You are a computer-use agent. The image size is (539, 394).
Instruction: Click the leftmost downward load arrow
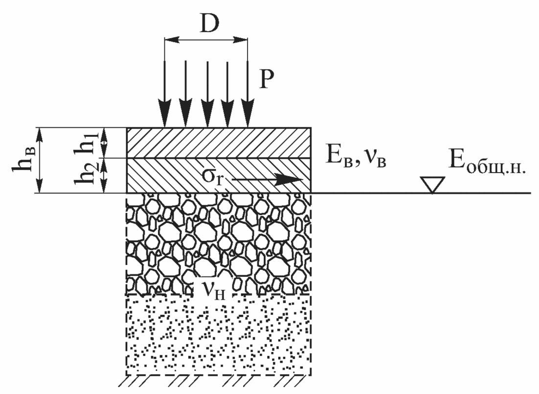pos(164,93)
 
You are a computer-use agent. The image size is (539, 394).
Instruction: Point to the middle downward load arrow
pos(207,93)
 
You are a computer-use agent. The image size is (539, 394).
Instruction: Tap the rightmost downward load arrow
pos(248,93)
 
